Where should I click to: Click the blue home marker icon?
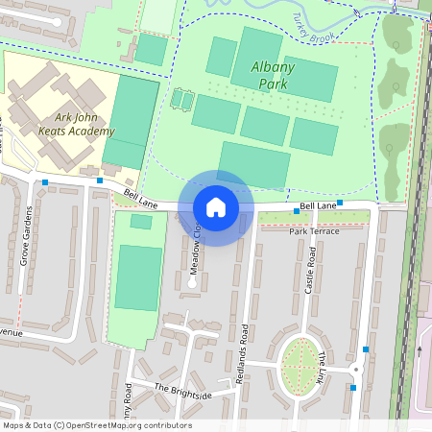(x=216, y=207)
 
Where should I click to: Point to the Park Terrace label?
(x=314, y=231)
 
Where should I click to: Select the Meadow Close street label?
(x=195, y=246)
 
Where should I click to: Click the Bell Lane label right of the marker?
(x=318, y=205)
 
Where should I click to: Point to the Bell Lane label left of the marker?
(x=140, y=198)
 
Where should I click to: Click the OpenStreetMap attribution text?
(x=97, y=425)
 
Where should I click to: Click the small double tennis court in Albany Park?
(x=180, y=98)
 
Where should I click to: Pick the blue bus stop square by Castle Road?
(x=340, y=204)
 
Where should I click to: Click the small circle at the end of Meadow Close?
(x=192, y=283)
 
